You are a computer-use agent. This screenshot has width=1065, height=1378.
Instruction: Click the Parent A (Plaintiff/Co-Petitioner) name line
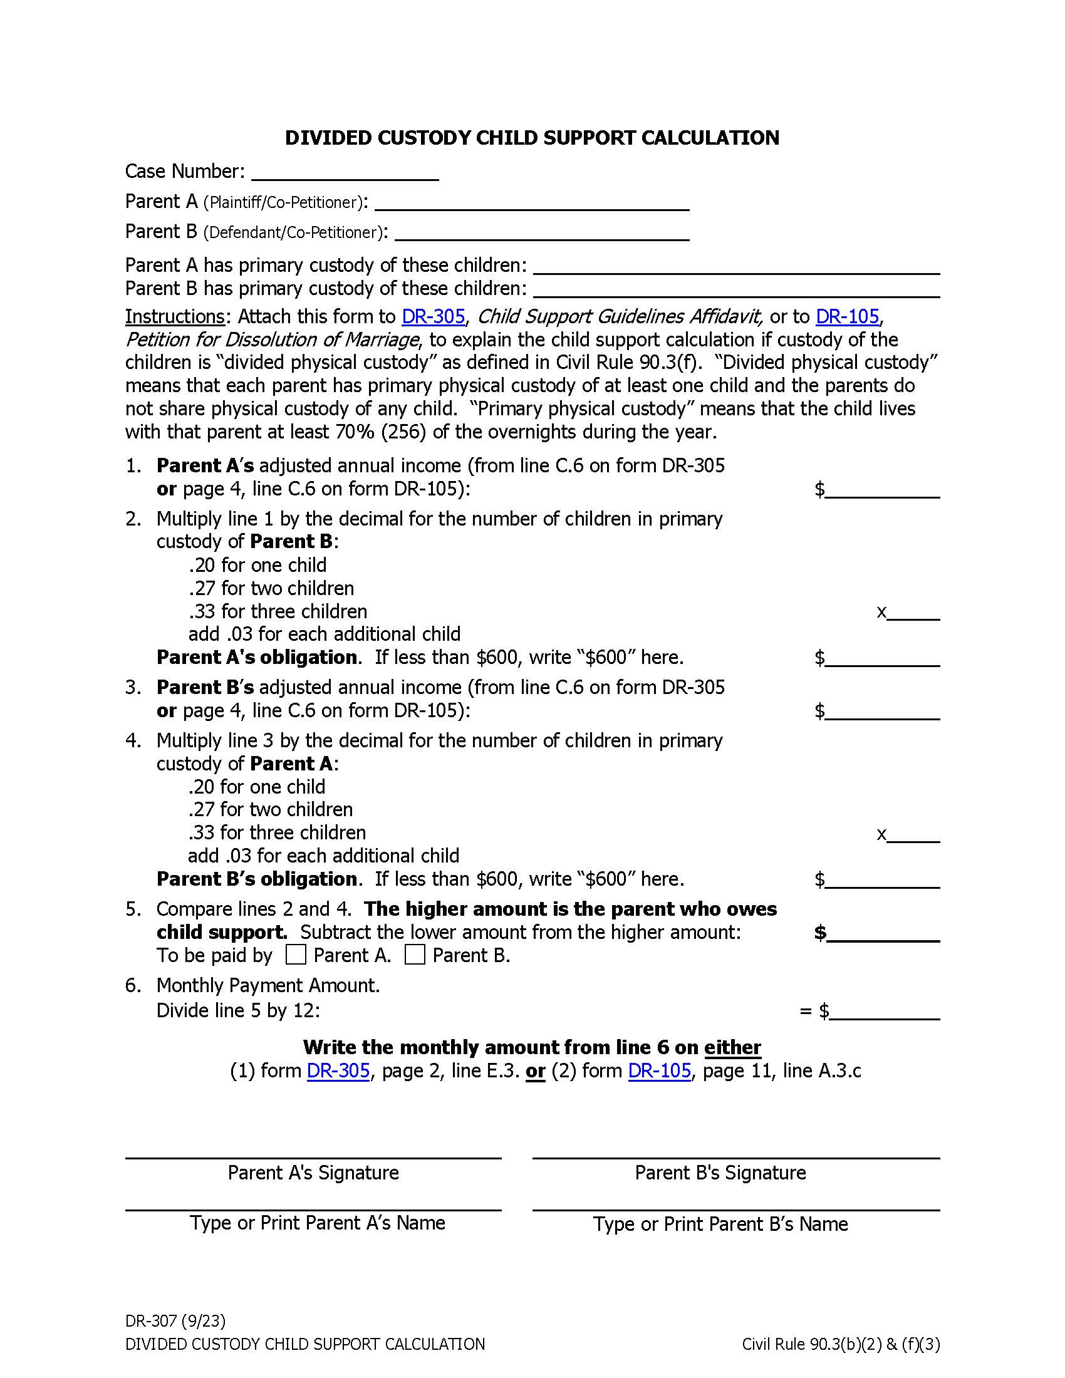[531, 204]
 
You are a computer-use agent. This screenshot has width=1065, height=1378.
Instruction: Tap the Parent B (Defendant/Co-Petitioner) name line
[541, 234]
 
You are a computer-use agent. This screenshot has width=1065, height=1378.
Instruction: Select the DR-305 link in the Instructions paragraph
[434, 317]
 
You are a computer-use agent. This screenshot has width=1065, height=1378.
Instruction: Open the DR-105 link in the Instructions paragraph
[847, 317]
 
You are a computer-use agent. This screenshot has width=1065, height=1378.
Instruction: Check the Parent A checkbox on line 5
[295, 955]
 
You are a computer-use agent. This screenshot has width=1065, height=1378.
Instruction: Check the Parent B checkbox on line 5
[415, 955]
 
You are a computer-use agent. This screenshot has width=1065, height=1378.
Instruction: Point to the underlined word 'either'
[732, 1048]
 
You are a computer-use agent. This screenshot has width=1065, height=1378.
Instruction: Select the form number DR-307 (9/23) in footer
[175, 1321]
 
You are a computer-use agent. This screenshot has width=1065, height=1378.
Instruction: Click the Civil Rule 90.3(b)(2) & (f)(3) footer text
[840, 1345]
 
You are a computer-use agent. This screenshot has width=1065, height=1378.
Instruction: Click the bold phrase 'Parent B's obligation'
[257, 879]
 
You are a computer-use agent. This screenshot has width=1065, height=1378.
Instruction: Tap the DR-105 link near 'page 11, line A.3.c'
[659, 1071]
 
